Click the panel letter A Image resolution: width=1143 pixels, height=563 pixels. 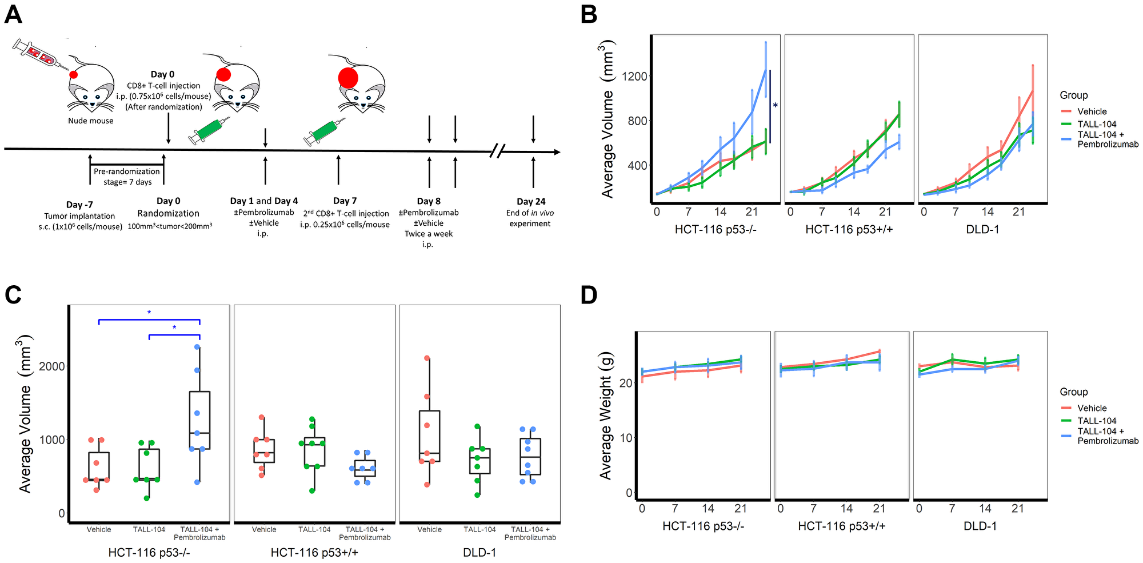pos(14,14)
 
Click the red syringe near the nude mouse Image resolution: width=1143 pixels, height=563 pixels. pos(37,54)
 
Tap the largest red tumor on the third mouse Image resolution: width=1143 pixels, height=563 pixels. pos(348,78)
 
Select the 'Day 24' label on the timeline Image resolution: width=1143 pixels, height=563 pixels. pos(531,201)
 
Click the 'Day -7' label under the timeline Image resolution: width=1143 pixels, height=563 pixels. pos(79,205)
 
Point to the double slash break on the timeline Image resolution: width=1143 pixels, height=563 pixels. pos(498,151)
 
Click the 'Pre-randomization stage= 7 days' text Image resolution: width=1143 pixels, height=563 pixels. pos(127,177)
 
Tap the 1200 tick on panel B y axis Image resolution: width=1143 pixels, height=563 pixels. pos(636,77)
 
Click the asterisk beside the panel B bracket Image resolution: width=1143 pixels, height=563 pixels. pos(776,106)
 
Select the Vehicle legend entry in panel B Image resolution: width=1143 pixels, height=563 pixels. pos(1092,111)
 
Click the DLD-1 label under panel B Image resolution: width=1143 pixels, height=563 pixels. pos(982,229)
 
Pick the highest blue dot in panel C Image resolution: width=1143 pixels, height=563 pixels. pos(197,347)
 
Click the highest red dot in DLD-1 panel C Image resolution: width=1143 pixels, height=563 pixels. pos(427,358)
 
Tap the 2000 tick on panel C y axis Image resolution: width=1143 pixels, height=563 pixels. pos(52,366)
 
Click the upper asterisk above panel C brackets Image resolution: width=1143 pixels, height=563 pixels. pos(149,313)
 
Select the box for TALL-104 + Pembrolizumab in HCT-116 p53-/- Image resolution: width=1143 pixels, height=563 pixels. pos(199,420)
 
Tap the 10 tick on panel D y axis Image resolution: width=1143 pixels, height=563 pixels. pos(626,438)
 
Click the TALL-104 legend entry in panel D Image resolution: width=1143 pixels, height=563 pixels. pos(1096,421)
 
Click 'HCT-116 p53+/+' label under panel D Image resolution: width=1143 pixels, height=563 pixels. pos(841,526)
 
